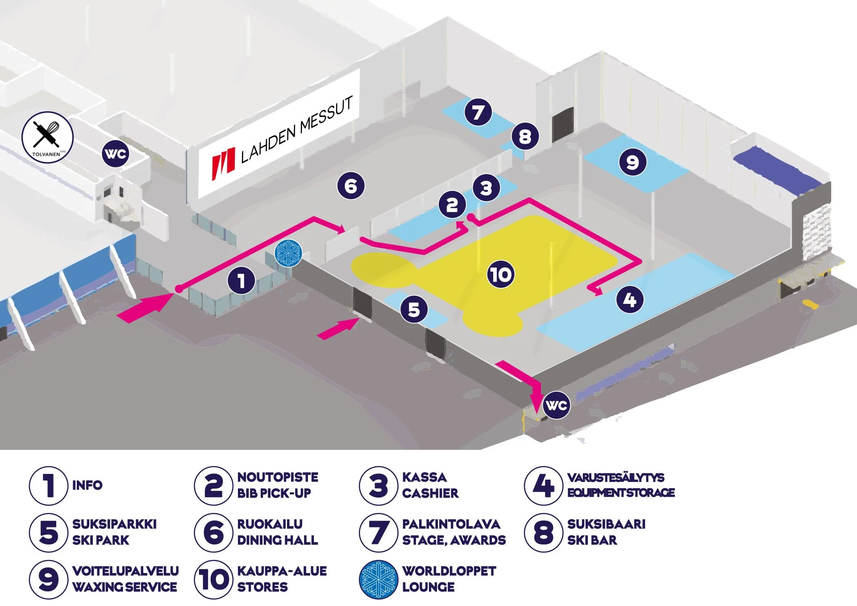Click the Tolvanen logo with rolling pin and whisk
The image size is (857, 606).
pos(47,137)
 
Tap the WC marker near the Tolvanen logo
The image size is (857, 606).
pos(115,154)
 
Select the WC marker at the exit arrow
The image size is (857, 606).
pos(557,405)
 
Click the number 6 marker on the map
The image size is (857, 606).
pos(351,186)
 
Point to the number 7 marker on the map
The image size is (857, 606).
pos(478,112)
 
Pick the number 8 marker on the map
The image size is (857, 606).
pos(525,136)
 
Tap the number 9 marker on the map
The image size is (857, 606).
pos(632,162)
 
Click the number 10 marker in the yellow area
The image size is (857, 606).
pos(501,274)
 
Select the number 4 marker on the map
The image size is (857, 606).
pos(629,299)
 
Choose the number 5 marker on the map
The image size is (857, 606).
pos(414,309)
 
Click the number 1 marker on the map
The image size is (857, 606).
pos(241,281)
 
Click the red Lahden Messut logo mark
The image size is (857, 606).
pos(223,163)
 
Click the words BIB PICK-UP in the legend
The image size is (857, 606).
pos(274,493)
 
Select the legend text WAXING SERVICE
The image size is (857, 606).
pos(125,587)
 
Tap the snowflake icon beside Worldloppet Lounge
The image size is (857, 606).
pos(378,579)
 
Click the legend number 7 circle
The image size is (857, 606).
pos(378,532)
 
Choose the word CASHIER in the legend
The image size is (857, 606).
pos(430,493)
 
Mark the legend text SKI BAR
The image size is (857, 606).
pos(592,540)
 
